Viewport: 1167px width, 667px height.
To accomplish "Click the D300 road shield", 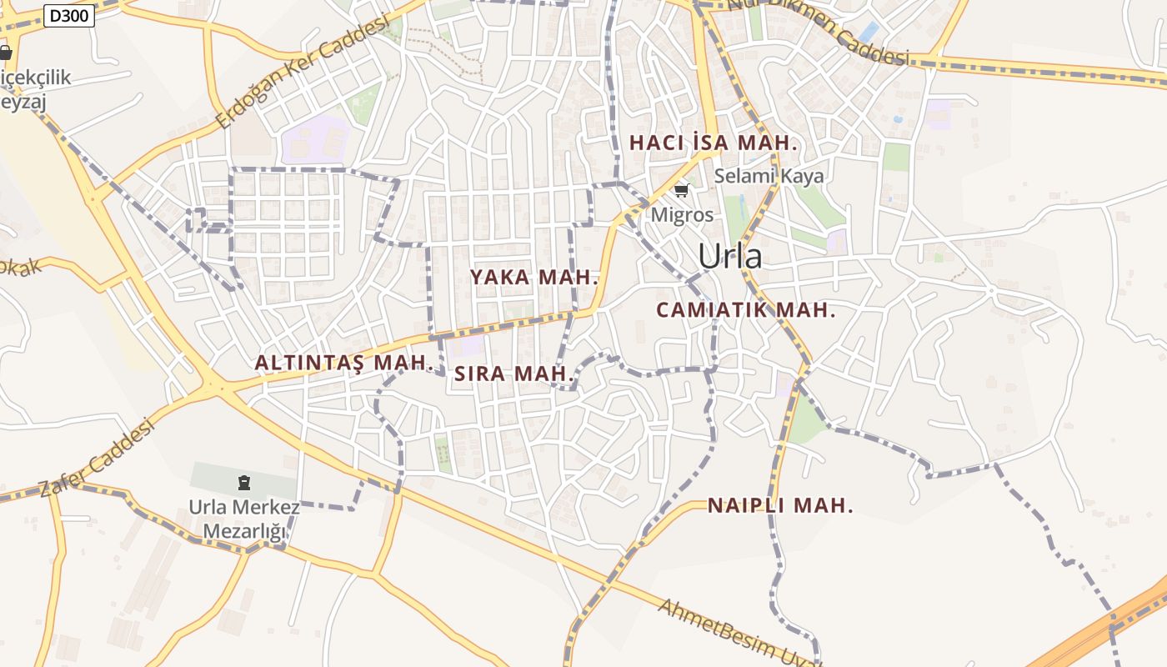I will (x=68, y=16).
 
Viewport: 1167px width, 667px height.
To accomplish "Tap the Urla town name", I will (x=729, y=256).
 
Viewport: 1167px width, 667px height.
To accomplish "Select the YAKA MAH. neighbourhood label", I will (x=534, y=278).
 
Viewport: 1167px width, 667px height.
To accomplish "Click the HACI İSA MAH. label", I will (x=714, y=143).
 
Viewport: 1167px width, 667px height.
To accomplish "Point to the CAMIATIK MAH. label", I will (x=745, y=310).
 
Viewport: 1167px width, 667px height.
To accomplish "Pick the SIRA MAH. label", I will (x=514, y=374).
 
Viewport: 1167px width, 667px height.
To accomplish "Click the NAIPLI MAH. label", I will (x=780, y=505).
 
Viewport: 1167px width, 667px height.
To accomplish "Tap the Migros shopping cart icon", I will (x=681, y=191).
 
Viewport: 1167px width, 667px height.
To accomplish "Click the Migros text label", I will (x=682, y=214).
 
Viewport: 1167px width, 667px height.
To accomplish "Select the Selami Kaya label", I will (x=769, y=176).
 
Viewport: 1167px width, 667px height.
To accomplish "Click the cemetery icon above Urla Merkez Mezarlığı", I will (x=243, y=481).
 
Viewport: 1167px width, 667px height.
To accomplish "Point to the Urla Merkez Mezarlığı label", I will (x=243, y=519).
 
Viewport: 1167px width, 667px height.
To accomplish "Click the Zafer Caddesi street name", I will (x=98, y=459).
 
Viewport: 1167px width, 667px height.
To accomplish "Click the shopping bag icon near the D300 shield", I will (x=6, y=53).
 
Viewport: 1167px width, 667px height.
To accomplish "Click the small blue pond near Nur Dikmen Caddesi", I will (x=869, y=33).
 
